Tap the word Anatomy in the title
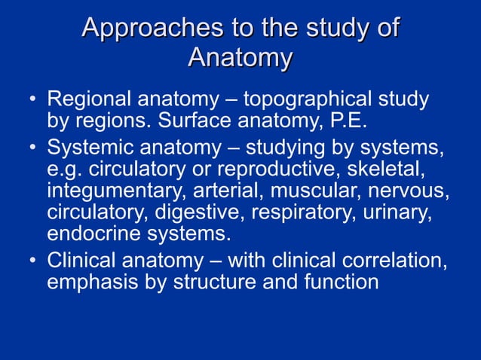(240, 58)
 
